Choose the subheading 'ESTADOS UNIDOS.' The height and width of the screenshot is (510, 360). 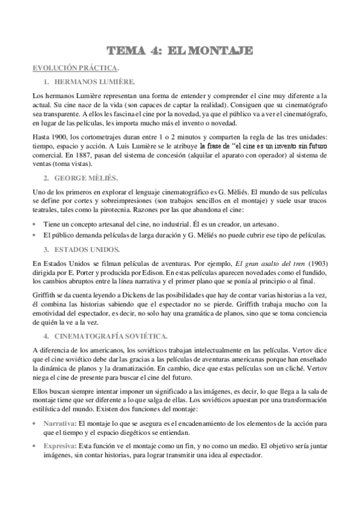click(x=87, y=248)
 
